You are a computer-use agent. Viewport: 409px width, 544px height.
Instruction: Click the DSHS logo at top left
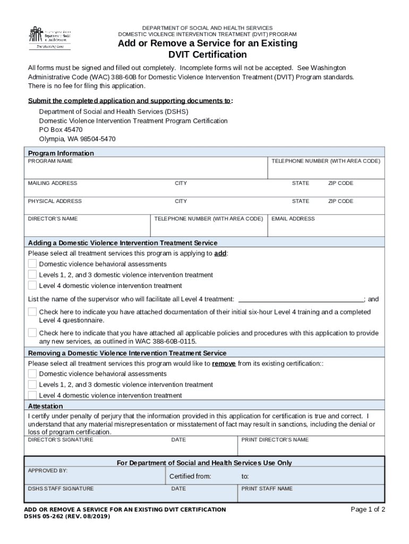(x=49, y=37)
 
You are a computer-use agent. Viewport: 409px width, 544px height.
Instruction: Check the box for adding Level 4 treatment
(x=32, y=285)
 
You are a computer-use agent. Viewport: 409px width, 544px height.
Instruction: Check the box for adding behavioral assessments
(x=32, y=263)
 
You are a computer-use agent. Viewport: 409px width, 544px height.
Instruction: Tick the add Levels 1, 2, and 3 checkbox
(x=32, y=275)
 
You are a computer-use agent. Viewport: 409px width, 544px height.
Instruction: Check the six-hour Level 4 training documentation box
(x=32, y=312)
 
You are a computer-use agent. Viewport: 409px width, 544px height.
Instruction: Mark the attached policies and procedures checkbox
(x=32, y=333)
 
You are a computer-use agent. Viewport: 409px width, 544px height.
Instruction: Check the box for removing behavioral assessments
(x=32, y=373)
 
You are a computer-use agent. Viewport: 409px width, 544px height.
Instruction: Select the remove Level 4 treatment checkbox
(x=32, y=395)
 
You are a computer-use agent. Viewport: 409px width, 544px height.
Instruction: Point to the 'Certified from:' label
(x=190, y=476)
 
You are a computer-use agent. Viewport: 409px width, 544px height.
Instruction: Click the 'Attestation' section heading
(x=45, y=406)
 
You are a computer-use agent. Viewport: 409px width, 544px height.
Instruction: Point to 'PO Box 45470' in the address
(x=61, y=130)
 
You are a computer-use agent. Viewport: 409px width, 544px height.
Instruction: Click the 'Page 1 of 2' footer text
(x=368, y=509)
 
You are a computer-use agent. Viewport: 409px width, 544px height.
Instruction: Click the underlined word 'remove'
(x=224, y=364)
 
